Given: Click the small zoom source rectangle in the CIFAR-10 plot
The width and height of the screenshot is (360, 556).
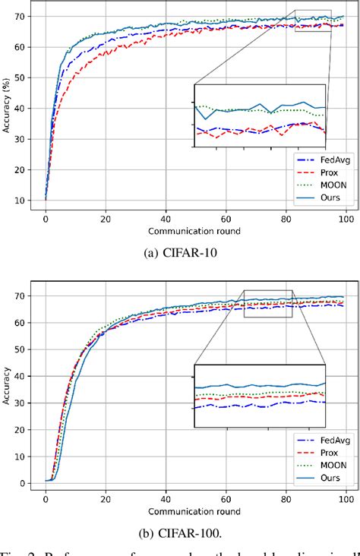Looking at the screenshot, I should tap(313, 21).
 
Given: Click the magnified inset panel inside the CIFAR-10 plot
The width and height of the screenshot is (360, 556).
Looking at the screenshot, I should tap(260, 114).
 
